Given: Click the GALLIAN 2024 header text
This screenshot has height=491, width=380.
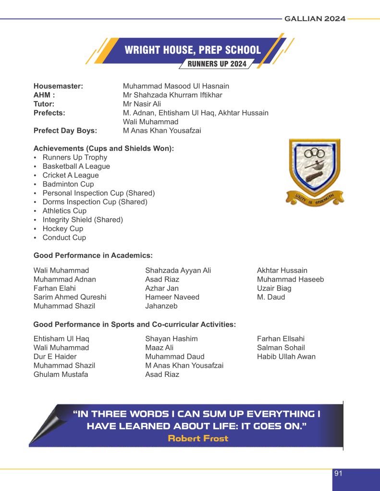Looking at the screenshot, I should (315, 19).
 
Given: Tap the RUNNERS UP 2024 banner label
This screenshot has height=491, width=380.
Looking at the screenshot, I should (217, 64).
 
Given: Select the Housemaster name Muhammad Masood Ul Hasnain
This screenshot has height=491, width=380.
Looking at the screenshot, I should (176, 86).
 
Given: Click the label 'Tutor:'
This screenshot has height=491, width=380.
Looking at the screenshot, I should (44, 104).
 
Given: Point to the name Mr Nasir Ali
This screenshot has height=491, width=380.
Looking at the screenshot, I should (142, 104).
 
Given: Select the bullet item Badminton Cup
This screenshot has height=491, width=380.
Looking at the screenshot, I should (68, 184).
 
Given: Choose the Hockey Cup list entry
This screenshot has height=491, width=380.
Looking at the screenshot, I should (63, 229).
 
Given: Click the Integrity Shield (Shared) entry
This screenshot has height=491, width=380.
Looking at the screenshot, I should (83, 220).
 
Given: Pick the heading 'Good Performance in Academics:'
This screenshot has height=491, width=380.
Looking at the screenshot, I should (93, 256).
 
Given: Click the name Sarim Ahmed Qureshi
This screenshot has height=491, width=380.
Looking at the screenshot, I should (70, 297).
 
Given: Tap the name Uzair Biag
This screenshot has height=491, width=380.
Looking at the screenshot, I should (274, 289).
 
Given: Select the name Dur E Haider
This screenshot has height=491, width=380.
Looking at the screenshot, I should (55, 357).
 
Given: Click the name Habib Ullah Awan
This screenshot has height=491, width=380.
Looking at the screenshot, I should (286, 357).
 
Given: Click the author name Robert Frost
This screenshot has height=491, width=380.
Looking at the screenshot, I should (198, 438).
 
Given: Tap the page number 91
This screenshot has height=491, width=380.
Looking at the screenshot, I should (338, 474).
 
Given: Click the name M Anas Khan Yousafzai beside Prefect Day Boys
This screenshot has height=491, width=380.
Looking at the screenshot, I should (162, 131).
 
